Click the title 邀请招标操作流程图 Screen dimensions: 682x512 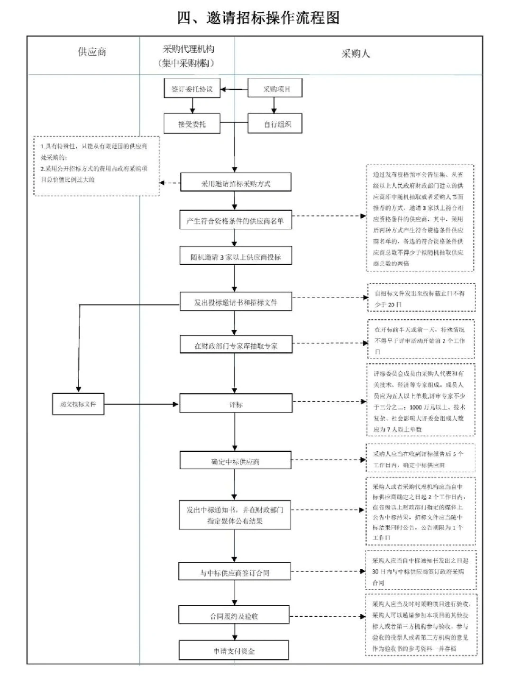(258, 18)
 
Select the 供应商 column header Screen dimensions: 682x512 (92, 52)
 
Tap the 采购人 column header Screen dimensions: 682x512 (356, 54)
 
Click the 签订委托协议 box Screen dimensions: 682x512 (192, 89)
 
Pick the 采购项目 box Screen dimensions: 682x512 (275, 89)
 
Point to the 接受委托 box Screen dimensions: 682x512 (192, 124)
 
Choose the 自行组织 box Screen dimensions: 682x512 (275, 124)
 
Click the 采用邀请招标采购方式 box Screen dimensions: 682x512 (236, 183)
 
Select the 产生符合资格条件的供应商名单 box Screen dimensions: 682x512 (236, 221)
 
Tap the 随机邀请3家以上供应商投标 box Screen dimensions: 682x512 (236, 257)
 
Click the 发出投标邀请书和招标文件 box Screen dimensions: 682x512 (236, 302)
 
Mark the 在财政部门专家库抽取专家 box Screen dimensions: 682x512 (236, 345)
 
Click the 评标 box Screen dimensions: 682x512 (236, 404)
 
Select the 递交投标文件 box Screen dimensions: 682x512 (78, 404)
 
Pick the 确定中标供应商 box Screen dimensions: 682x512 (236, 461)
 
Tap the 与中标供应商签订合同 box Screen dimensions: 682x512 (235, 573)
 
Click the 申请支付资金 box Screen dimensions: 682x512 (234, 651)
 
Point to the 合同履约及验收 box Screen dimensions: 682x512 (234, 616)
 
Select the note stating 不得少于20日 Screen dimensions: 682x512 (421, 299)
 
